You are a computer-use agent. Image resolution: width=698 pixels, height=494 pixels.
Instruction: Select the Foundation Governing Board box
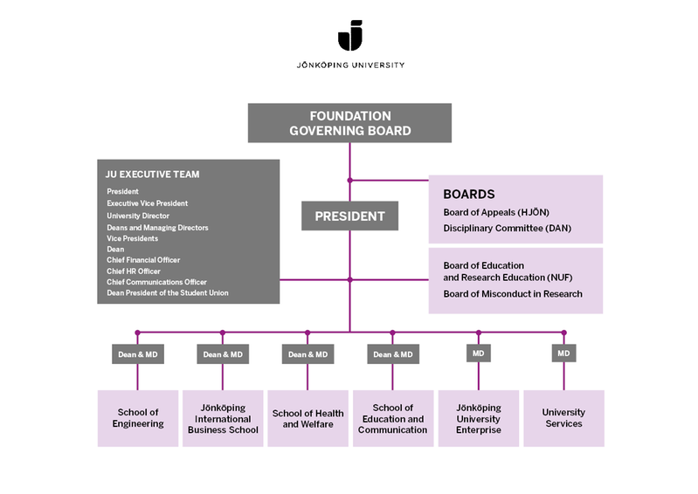pos(350,123)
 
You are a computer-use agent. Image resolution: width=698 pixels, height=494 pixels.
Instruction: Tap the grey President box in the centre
pos(349,216)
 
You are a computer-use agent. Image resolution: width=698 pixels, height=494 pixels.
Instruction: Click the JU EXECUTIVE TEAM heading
pos(152,175)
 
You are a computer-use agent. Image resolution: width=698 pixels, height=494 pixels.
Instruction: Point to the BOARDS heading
pos(469,195)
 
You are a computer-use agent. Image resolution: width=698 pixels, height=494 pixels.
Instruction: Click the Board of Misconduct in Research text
pos(513,294)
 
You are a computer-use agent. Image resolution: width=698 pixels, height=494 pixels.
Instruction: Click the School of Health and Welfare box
pos(308,418)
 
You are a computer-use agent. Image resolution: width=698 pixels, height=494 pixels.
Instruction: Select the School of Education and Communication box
pos(392,418)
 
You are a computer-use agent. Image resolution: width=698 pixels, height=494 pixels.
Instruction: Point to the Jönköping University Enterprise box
pos(479,418)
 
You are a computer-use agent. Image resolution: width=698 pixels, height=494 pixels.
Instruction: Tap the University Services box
pos(563,418)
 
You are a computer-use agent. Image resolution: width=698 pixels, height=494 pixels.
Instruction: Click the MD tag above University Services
pos(563,354)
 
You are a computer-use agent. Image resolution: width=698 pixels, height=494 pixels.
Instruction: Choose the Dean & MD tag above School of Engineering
pos(137,354)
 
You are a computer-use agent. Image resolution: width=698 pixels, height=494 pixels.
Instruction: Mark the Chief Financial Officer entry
pos(142,260)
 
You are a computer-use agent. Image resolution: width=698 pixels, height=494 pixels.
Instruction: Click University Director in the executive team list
pos(138,216)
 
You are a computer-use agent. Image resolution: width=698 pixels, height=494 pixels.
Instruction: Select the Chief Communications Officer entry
pos(156,282)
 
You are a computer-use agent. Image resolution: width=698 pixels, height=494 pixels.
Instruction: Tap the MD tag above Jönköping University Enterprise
pos(479,354)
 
